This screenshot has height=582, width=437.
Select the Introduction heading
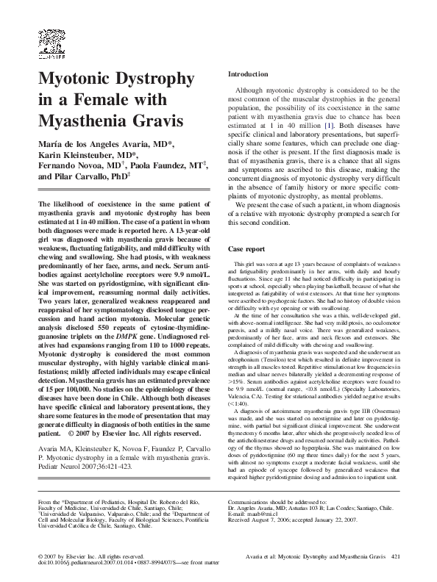pos(248,74)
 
